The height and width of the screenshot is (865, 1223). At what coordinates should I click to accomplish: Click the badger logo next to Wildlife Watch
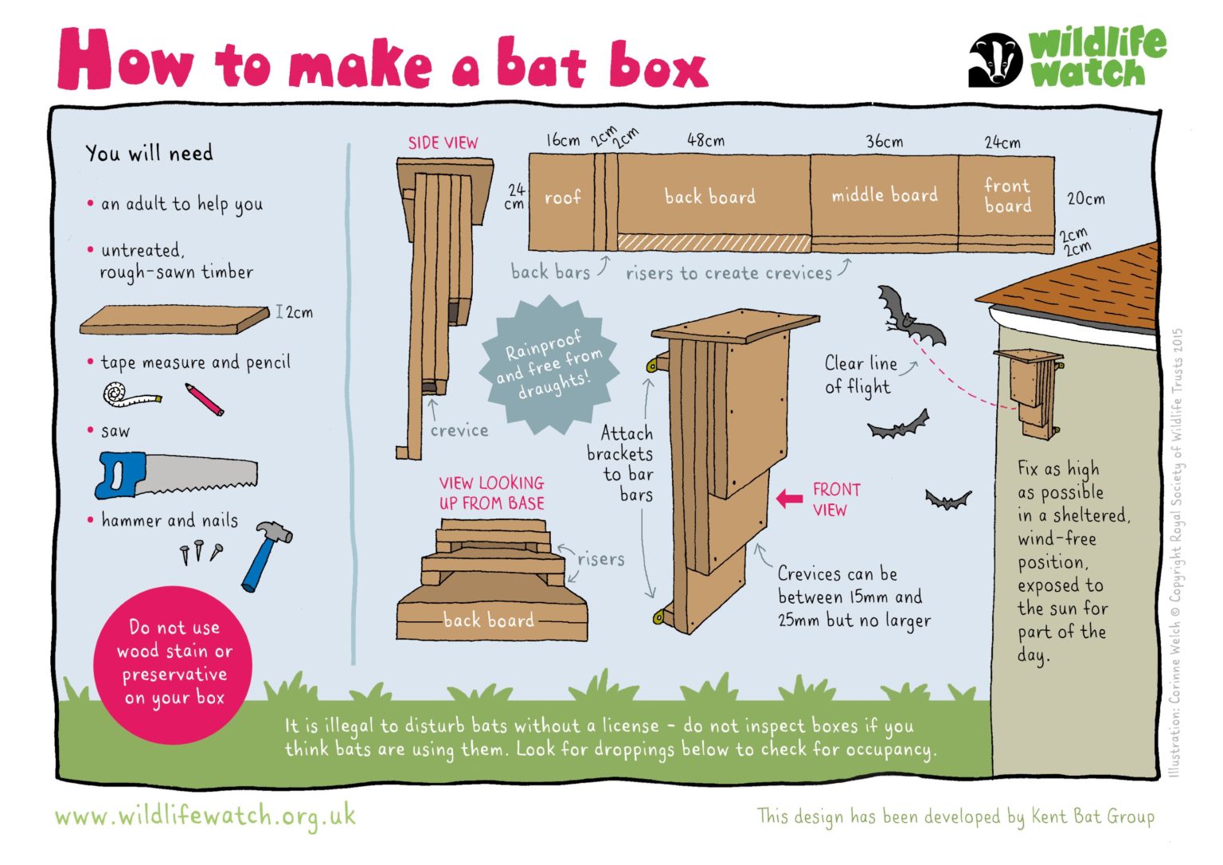coord(994,60)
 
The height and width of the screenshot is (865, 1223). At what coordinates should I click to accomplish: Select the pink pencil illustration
coord(205,399)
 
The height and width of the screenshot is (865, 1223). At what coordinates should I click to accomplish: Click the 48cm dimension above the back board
coord(705,141)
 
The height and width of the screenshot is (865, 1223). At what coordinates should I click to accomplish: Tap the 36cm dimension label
coord(885,142)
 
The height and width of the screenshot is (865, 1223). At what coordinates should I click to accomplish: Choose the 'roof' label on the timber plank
coord(562,198)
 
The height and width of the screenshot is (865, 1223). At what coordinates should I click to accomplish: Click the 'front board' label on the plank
coord(1007,195)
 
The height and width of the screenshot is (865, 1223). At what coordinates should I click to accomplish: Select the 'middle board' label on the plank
coord(885,195)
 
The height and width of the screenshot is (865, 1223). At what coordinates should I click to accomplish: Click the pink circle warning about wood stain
coord(174,663)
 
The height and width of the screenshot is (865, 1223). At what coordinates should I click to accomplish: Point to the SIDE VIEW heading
coord(443,143)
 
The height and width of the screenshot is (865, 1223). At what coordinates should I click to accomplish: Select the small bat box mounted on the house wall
coord(1030,390)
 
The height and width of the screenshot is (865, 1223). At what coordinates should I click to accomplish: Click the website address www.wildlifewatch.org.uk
coord(205,816)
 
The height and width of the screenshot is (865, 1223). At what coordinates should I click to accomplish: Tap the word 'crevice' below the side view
coord(459,431)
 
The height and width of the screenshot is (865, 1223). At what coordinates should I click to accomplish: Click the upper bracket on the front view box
coord(657,365)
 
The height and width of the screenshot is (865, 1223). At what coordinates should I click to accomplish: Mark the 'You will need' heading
coord(150,153)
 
